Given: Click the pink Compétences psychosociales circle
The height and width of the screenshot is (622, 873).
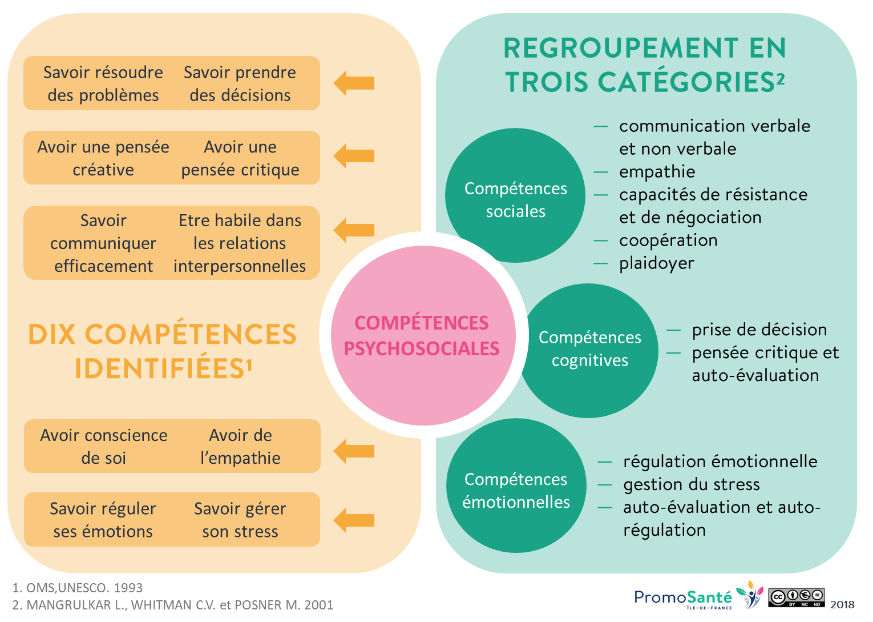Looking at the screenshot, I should [423, 335].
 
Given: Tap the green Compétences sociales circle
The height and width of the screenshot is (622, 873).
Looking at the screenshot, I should [515, 195].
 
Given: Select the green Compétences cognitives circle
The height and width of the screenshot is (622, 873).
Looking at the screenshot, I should [589, 349].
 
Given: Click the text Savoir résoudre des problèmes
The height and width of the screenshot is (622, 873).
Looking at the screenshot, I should [103, 83].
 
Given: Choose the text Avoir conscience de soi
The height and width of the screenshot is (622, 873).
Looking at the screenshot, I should [103, 446].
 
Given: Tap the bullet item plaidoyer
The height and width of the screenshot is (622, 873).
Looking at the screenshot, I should [657, 263].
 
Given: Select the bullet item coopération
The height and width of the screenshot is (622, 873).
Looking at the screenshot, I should [668, 240].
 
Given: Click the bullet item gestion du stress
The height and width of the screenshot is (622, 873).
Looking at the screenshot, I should [691, 484].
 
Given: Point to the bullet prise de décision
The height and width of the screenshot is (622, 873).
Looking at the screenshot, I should [759, 330].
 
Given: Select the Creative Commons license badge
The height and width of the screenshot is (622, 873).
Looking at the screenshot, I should [796, 597].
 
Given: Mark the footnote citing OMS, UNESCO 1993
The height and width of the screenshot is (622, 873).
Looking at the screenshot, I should [78, 588].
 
